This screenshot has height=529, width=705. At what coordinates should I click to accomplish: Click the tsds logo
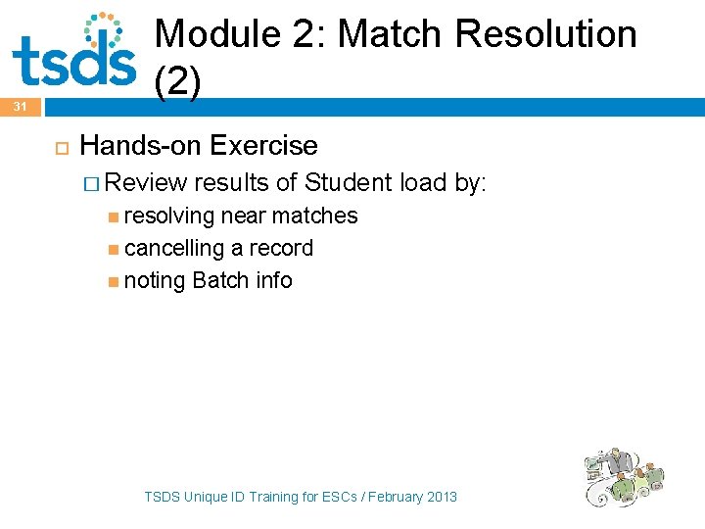pyautogui.click(x=73, y=50)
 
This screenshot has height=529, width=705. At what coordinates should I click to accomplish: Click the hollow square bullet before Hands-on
pyautogui.click(x=57, y=147)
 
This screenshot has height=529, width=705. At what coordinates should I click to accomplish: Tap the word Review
pyautogui.click(x=147, y=182)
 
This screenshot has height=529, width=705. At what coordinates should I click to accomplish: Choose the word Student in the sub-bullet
pyautogui.click(x=349, y=182)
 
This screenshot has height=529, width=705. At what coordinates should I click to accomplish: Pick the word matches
pyautogui.click(x=315, y=216)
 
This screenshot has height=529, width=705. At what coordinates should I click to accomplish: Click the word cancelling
pyautogui.click(x=174, y=248)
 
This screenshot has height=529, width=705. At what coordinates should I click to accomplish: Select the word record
pyautogui.click(x=281, y=248)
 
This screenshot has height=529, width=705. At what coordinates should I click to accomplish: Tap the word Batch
pyautogui.click(x=221, y=280)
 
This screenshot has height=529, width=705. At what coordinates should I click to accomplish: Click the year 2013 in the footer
pyautogui.click(x=441, y=497)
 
